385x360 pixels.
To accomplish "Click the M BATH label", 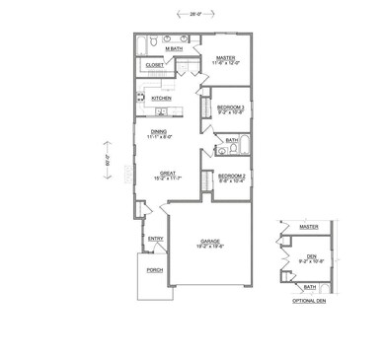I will coord(176,48).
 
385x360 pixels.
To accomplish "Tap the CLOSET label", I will coord(155,65).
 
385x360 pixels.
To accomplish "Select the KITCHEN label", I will coord(162,99).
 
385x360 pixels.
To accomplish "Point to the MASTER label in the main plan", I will coord(226,58).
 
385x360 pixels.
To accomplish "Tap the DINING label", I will coord(158,131).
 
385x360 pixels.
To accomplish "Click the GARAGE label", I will coord(209,241).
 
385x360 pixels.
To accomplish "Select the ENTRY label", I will coord(155,238).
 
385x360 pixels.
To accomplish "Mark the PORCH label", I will coord(155,269).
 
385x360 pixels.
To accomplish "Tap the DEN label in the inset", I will coord(311,255).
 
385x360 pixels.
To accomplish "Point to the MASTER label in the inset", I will coord(309,227).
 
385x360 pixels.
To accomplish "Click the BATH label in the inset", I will coord(309,287).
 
